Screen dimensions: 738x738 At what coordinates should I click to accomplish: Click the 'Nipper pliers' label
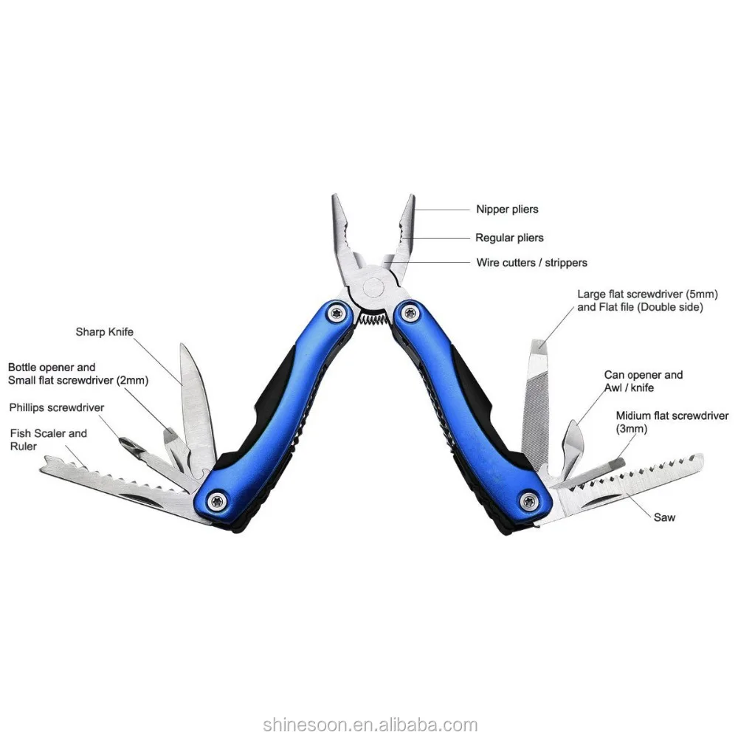pos(507,210)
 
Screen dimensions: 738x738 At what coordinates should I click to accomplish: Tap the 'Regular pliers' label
pos(509,238)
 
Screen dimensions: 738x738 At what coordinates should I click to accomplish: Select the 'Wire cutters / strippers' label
pos(531,263)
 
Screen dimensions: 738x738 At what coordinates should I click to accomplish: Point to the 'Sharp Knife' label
pos(104,331)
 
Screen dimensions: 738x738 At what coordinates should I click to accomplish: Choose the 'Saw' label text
pos(664,517)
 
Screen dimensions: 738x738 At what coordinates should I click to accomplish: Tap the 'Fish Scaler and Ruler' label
pos(48,440)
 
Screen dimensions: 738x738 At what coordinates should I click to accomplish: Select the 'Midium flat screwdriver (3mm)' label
pos(672,422)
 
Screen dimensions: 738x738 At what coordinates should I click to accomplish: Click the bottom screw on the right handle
pos(528,501)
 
